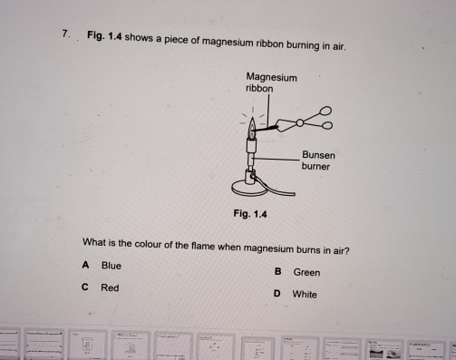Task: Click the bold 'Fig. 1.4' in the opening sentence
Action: [x=104, y=35]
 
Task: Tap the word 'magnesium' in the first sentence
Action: [x=228, y=42]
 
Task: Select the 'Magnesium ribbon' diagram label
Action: [x=271, y=83]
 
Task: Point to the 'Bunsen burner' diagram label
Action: [x=318, y=161]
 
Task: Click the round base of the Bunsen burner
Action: [x=249, y=189]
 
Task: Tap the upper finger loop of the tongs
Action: [x=325, y=111]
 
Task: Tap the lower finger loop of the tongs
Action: [x=327, y=125]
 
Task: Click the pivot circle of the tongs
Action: [x=300, y=122]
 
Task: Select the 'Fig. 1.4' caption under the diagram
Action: [x=250, y=214]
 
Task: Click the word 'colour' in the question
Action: [x=148, y=244]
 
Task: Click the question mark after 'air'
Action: [x=347, y=251]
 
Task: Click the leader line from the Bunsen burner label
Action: [x=275, y=159]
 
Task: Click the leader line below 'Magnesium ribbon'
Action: [x=268, y=110]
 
